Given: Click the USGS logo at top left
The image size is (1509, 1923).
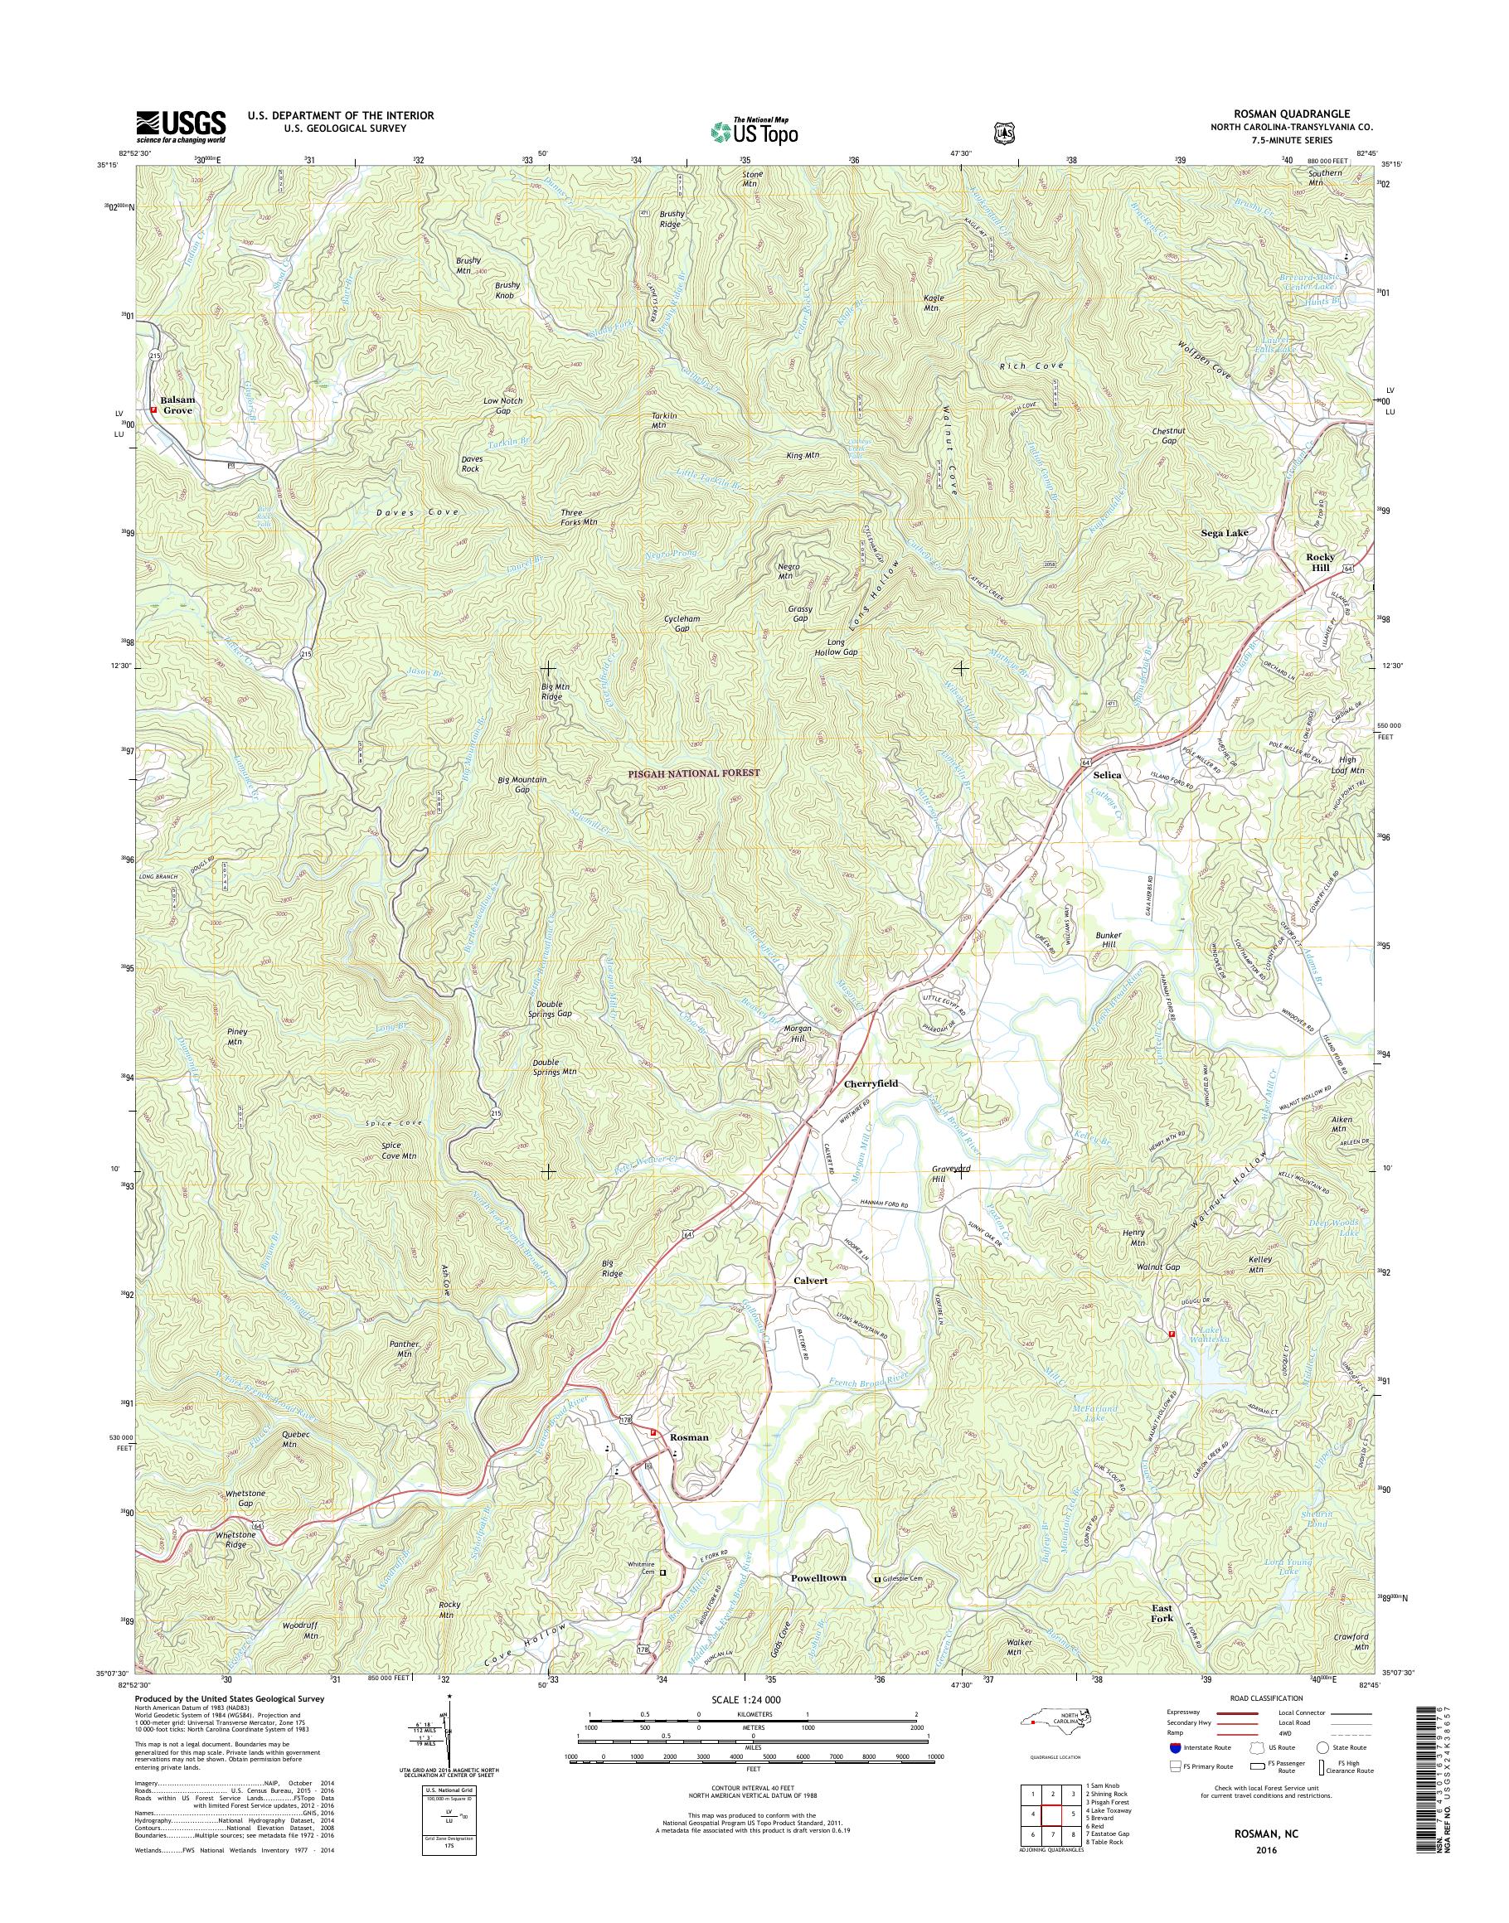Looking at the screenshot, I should (x=180, y=126).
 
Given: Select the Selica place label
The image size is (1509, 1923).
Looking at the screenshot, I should (x=1107, y=775).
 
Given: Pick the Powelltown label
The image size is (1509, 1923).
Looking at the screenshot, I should (x=813, y=1577).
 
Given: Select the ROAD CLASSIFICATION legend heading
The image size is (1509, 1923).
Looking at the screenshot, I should (x=1266, y=1698).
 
